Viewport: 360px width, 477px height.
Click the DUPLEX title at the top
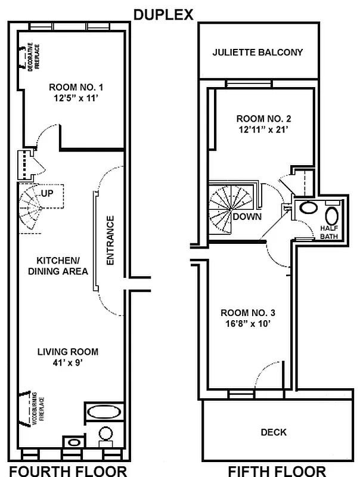pos(163,15)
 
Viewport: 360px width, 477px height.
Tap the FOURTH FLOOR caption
pos(68,470)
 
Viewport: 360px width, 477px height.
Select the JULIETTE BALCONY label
pos(257,52)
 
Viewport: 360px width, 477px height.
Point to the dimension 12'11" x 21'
pos(263,129)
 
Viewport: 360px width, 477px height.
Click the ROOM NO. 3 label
pos(247,313)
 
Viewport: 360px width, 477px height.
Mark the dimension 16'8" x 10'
pos(247,325)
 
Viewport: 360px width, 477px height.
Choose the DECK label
pos(274,432)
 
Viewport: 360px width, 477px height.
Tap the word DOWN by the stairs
pos(247,216)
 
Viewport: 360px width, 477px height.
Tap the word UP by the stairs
pos(48,194)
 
